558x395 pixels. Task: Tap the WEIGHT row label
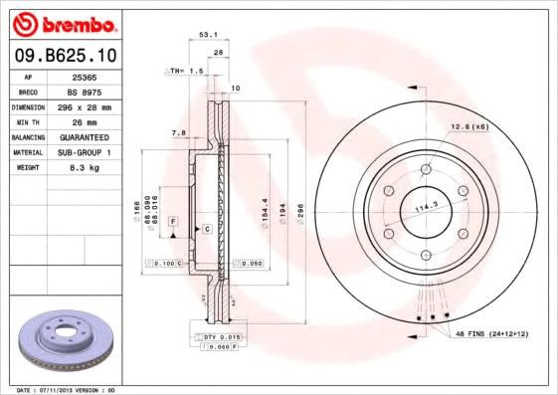(x=26, y=167)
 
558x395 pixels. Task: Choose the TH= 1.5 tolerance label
(x=184, y=72)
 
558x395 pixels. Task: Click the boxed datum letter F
(x=172, y=220)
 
